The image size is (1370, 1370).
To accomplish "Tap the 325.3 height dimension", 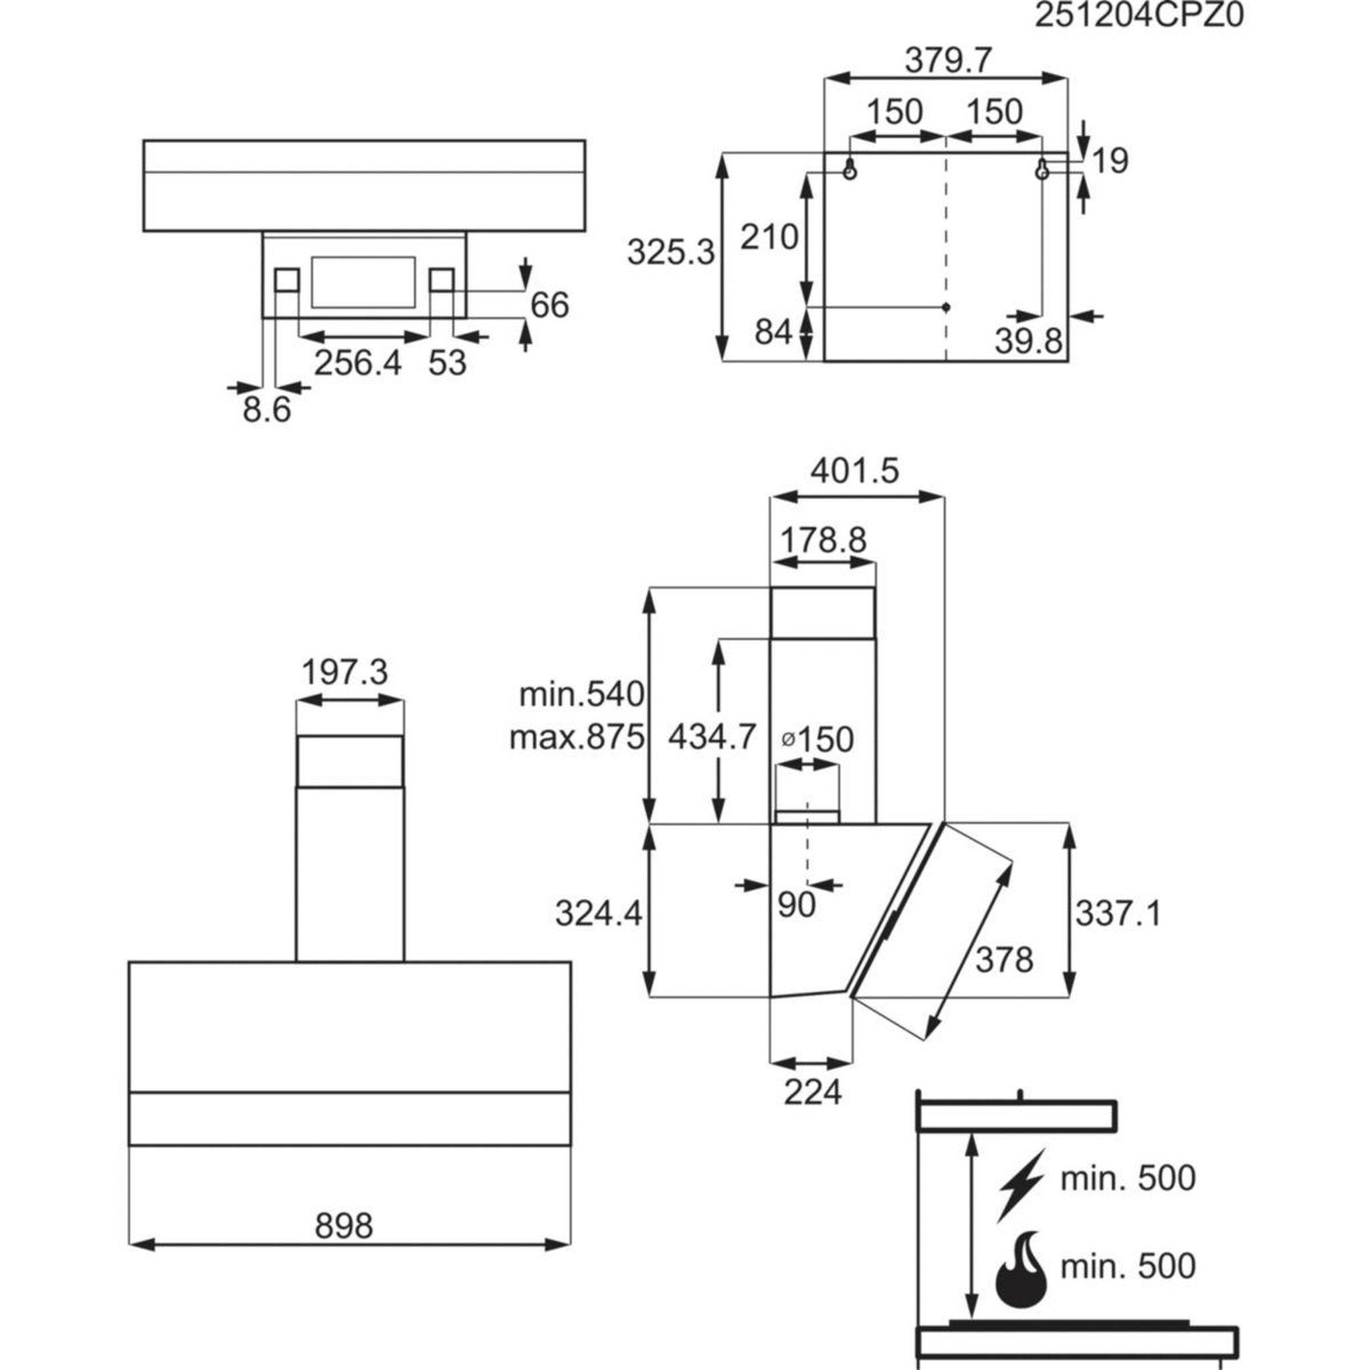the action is click(x=671, y=252).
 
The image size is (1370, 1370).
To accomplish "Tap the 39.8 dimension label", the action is click(x=1028, y=342).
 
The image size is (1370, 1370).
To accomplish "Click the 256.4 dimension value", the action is click(x=358, y=363).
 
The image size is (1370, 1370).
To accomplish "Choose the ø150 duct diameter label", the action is click(x=817, y=740).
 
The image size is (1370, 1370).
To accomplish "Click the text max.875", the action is click(x=577, y=739).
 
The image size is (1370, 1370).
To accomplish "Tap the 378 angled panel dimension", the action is click(x=1004, y=961).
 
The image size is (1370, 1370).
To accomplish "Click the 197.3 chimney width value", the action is click(x=345, y=672).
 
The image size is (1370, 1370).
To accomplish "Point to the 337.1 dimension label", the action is click(x=1118, y=914).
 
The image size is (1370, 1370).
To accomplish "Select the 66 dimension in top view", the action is click(x=550, y=305).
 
